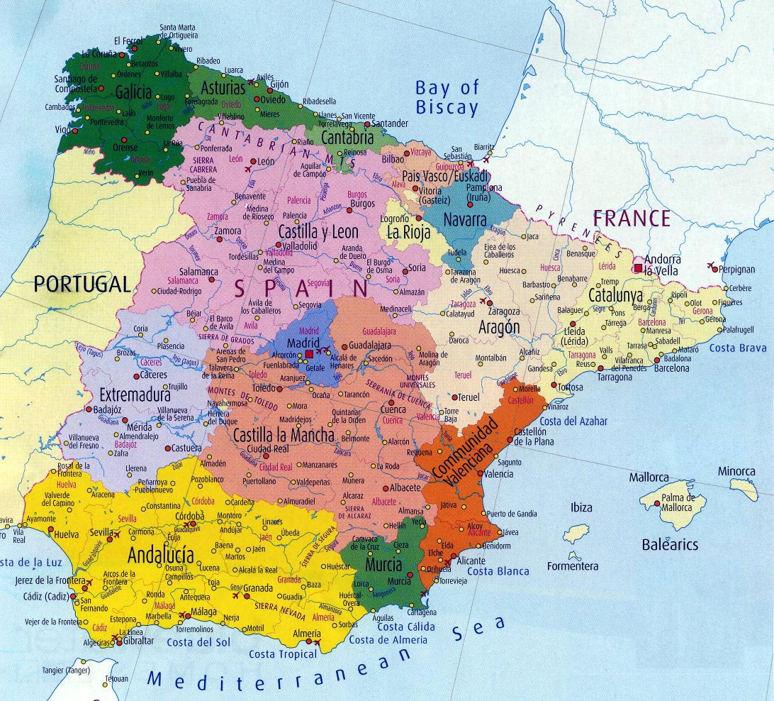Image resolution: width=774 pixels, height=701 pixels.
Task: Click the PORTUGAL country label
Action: (82, 285)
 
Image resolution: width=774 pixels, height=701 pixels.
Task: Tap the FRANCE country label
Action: (632, 218)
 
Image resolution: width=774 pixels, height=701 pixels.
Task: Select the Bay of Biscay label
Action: (447, 98)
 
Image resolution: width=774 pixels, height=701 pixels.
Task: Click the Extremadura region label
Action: (135, 394)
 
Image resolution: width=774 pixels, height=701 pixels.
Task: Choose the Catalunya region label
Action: (616, 295)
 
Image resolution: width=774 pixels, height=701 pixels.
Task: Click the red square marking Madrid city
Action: (309, 353)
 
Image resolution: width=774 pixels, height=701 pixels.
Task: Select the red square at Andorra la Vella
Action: (638, 267)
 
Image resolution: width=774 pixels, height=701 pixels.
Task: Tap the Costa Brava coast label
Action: (738, 348)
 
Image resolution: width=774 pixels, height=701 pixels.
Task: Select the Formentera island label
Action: (573, 566)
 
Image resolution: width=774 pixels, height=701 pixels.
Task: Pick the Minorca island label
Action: (736, 471)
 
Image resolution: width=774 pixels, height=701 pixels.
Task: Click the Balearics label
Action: (670, 545)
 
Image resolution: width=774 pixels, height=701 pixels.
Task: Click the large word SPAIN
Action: (302, 288)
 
